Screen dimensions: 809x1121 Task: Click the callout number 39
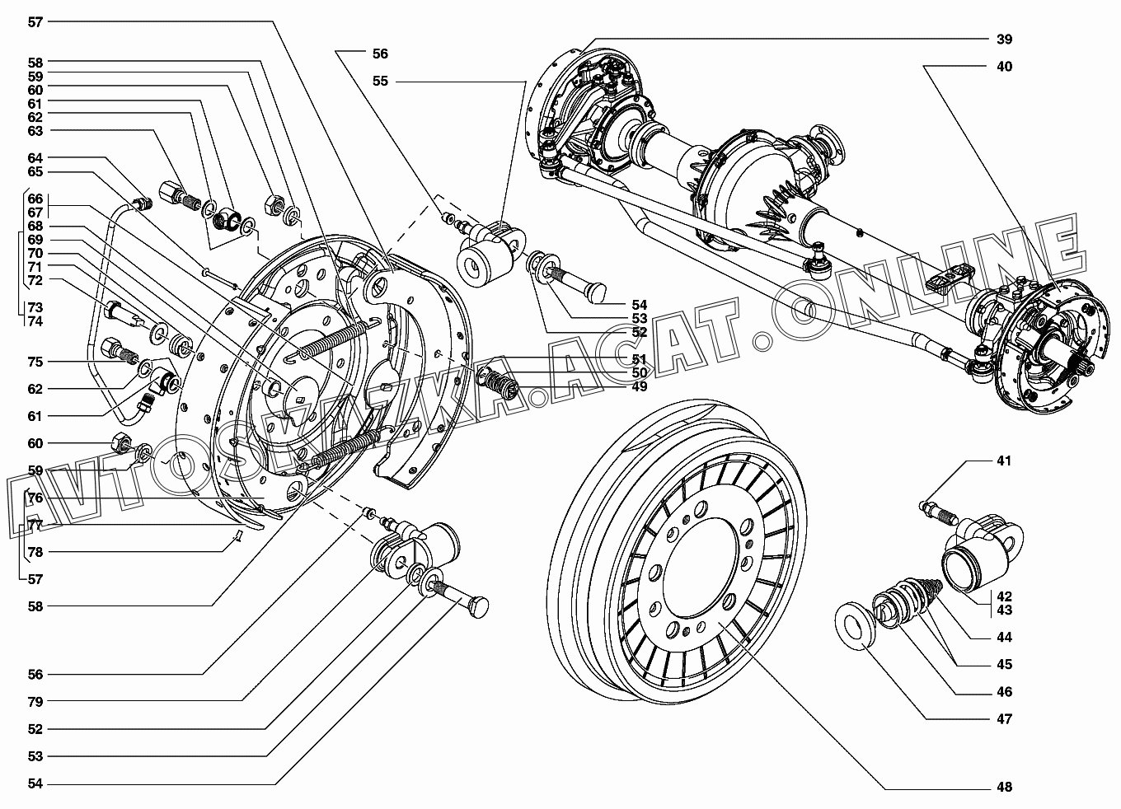click(x=1003, y=39)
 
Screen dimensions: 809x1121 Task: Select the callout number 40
click(x=1003, y=66)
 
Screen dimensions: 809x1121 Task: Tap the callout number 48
click(x=1003, y=787)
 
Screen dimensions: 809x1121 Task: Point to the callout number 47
click(x=1003, y=718)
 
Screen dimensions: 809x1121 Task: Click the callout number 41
click(x=1003, y=461)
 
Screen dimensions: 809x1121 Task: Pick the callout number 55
click(x=380, y=81)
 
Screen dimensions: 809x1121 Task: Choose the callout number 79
click(x=35, y=701)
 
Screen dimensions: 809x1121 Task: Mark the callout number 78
click(x=35, y=552)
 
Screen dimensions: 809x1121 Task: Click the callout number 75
click(x=35, y=362)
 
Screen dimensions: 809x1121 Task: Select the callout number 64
click(x=35, y=157)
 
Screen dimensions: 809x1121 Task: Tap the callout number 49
click(x=639, y=386)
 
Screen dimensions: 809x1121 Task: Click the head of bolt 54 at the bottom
click(x=478, y=607)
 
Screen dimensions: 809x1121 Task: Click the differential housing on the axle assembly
click(x=746, y=177)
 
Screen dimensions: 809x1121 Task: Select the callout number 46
click(x=1003, y=692)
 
